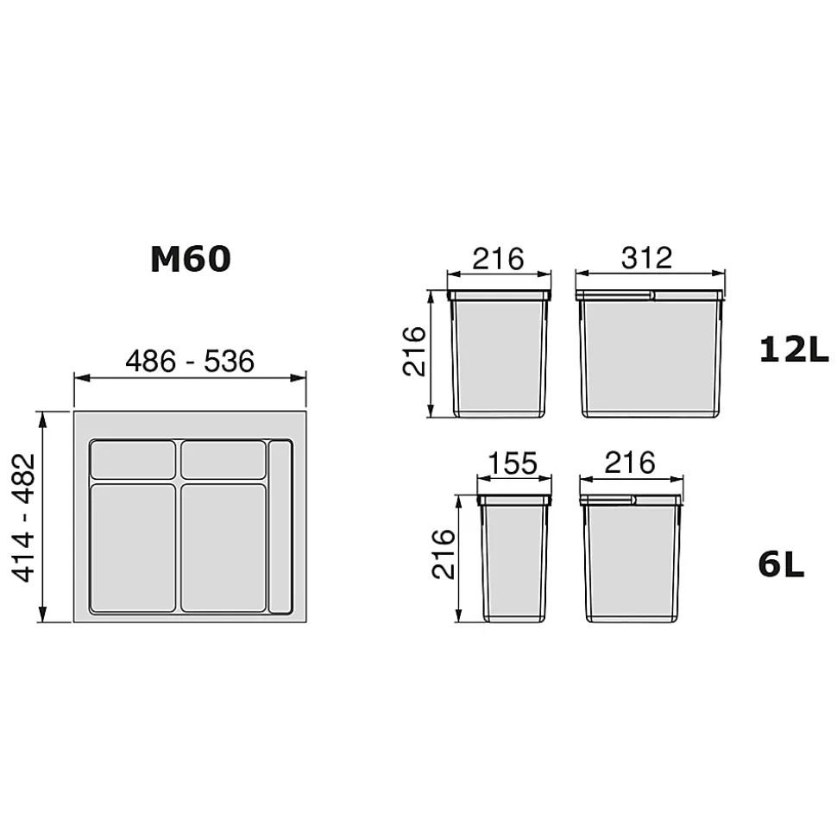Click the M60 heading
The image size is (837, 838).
coord(190,259)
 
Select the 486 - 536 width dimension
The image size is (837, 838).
coord(190,362)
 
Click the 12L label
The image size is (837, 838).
coord(793,350)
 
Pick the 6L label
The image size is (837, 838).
coord(782,565)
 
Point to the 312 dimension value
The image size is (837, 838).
coord(647,258)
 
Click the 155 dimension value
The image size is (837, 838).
coord(513,464)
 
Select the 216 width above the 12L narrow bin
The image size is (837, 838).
coord(499,258)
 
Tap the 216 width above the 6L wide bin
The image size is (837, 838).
coord(630,463)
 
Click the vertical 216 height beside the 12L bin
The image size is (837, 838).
coord(415,351)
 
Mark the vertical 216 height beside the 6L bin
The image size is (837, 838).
coord(443,555)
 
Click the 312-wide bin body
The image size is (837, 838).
coord(649,356)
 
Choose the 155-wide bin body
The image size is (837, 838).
coord(514,559)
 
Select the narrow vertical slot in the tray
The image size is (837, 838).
coord(280,526)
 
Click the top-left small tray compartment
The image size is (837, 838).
coord(133,459)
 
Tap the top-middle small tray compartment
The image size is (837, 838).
coord(223,459)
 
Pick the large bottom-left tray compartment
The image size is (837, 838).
coord(133,547)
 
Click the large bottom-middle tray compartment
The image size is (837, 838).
coord(223,547)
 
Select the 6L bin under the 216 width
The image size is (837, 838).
coord(632,559)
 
